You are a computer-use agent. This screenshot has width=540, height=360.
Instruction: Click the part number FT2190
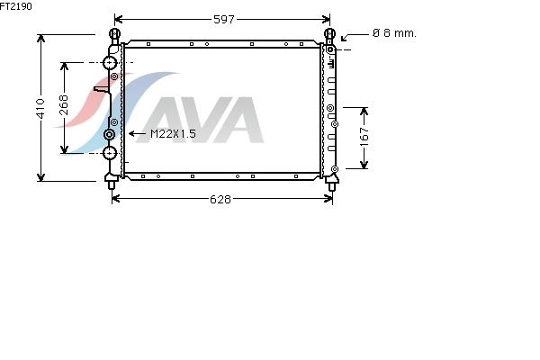coord(15,6)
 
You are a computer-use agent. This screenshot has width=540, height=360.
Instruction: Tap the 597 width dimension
coord(224,20)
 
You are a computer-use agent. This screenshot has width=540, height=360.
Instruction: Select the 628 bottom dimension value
coord(220,199)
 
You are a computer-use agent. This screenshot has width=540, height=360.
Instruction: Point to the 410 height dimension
coord(40,108)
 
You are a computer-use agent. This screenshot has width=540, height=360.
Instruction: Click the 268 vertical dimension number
coord(64,104)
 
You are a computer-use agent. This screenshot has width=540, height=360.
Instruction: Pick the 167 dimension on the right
coord(364,137)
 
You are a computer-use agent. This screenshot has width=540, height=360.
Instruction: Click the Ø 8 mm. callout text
coord(395,33)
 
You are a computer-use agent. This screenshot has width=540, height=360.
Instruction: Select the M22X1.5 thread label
coord(173,134)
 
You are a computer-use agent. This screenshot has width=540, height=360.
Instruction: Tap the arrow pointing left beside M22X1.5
coord(137,134)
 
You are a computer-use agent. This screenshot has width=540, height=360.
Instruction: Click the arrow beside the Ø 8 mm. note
coord(355,36)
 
